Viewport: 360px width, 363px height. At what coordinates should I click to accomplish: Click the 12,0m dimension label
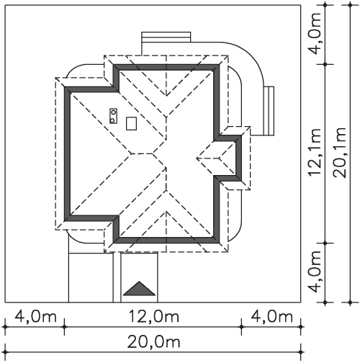click(x=154, y=316)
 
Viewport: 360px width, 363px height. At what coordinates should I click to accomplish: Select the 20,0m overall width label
click(x=153, y=342)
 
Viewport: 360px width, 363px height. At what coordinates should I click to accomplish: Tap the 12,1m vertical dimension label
click(x=315, y=153)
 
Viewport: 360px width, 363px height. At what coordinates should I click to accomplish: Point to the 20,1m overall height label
click(x=340, y=153)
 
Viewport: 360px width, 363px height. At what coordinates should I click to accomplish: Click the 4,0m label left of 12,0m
click(x=36, y=316)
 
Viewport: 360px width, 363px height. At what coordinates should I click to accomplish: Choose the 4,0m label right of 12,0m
click(x=272, y=316)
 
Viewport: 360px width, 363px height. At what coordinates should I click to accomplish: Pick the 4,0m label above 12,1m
click(x=315, y=34)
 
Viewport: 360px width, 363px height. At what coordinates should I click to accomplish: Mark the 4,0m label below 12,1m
click(x=315, y=272)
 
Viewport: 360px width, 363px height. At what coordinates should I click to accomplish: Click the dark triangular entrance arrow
click(x=139, y=289)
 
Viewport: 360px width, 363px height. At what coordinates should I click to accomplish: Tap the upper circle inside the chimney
click(x=113, y=112)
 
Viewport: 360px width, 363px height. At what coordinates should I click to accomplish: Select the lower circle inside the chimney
click(x=112, y=120)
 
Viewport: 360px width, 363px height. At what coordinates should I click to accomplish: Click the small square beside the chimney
click(x=131, y=124)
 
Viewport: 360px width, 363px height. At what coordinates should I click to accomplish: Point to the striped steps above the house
click(x=166, y=37)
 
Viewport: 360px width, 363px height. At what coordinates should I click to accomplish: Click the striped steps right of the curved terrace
click(x=269, y=111)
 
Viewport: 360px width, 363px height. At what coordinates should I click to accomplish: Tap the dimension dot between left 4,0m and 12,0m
click(x=64, y=327)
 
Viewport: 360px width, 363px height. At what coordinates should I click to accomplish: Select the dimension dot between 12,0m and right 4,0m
click(x=241, y=327)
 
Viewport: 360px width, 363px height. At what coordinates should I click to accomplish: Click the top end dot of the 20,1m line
click(x=350, y=5)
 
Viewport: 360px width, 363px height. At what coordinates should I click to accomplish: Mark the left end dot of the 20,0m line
click(x=5, y=352)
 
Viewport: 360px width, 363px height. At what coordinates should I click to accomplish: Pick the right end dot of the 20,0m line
click(x=301, y=352)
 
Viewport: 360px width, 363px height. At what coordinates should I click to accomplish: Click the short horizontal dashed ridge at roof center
click(x=142, y=153)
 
